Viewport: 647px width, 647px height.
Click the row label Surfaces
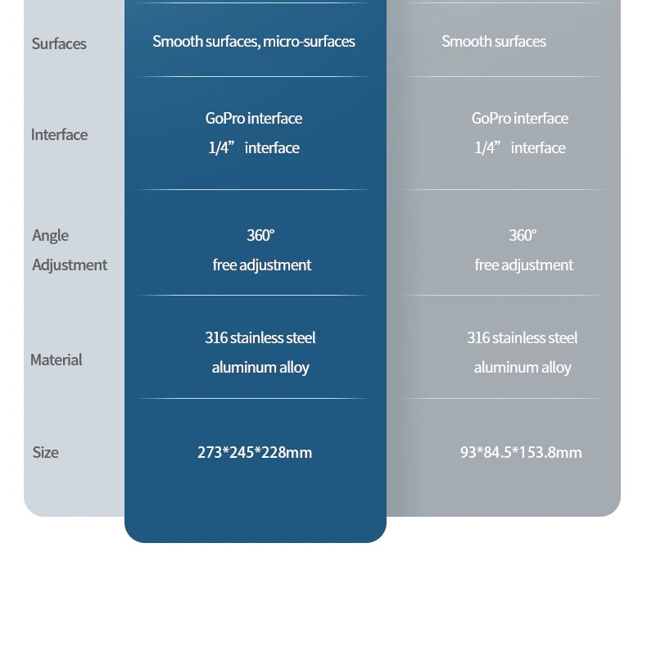(59, 43)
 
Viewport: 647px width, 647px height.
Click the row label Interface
(59, 134)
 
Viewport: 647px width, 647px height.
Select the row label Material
(56, 360)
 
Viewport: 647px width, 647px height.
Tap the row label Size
(45, 452)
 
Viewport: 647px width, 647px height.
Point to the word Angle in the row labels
(50, 235)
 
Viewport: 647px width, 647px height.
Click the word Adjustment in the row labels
(70, 265)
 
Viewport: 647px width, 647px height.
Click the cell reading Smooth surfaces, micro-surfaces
(254, 41)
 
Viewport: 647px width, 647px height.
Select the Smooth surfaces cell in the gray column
(494, 41)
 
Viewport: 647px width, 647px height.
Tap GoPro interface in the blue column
(254, 118)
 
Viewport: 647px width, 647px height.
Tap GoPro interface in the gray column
(520, 118)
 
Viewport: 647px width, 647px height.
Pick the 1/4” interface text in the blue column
(254, 147)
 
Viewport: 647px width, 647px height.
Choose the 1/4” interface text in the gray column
(520, 147)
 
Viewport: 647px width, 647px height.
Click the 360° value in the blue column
(260, 235)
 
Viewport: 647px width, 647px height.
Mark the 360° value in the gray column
(523, 235)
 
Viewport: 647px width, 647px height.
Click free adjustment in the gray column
(524, 265)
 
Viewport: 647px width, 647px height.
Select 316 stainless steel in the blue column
(260, 337)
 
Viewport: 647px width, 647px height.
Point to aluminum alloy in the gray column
(523, 367)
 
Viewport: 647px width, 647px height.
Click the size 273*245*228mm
(255, 452)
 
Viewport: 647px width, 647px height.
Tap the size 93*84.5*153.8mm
(521, 452)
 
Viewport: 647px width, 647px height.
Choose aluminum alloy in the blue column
(260, 367)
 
